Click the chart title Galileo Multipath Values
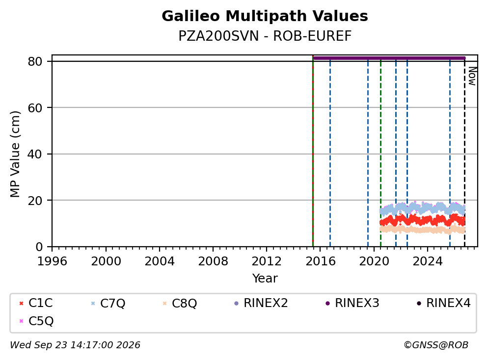click(265, 16)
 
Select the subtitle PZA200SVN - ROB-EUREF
click(265, 36)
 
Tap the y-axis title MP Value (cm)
click(15, 154)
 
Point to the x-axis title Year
click(265, 278)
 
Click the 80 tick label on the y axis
click(35, 61)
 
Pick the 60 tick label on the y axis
click(35, 108)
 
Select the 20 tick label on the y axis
click(35, 201)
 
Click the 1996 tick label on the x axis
click(52, 261)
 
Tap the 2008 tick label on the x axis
click(213, 261)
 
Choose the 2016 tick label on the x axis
click(320, 261)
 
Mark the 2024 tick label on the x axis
click(428, 261)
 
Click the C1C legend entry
click(36, 303)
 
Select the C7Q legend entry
click(108, 303)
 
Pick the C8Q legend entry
click(180, 303)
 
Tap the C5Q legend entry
click(36, 321)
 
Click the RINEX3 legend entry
click(352, 303)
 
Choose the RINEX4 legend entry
click(443, 303)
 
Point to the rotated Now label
click(472, 76)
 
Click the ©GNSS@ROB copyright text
click(436, 345)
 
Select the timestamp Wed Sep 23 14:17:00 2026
click(75, 345)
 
